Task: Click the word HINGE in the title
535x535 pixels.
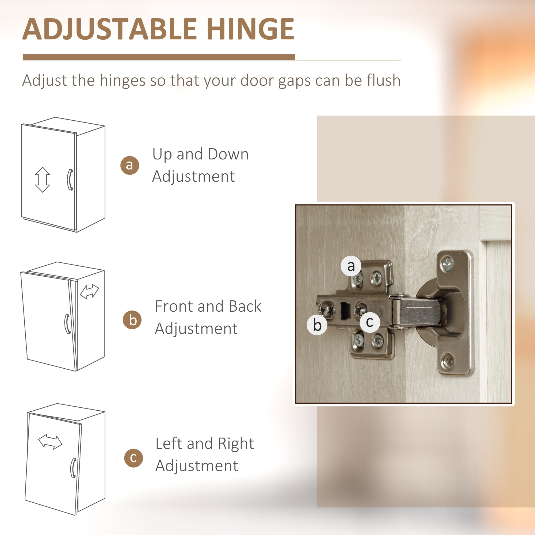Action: [250, 29]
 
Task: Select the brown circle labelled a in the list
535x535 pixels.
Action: [129, 165]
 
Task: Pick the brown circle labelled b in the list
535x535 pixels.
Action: [132, 320]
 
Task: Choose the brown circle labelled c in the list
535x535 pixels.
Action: [133, 458]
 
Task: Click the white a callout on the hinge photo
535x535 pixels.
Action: [351, 266]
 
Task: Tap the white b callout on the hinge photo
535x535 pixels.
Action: [317, 324]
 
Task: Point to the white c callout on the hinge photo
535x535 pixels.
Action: [369, 322]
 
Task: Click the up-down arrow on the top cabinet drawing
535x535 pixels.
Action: [42, 180]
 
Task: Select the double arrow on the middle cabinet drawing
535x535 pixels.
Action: [89, 292]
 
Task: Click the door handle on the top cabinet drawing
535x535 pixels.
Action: [70, 180]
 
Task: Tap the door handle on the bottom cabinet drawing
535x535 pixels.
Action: [73, 468]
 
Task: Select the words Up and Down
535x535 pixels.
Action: [200, 154]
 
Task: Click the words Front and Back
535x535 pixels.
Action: [208, 306]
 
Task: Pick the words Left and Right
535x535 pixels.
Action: [205, 444]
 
